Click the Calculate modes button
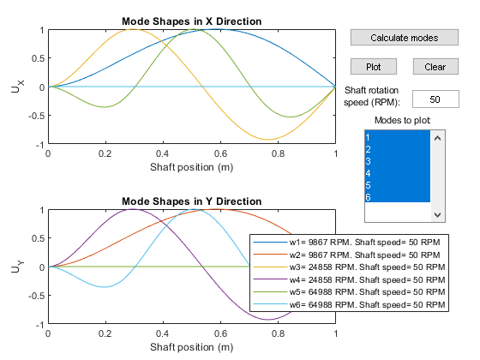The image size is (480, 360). click(x=404, y=38)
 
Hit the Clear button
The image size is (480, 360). click(x=435, y=67)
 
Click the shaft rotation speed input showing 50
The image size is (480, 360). click(x=435, y=99)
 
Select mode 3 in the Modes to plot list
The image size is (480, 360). click(x=397, y=161)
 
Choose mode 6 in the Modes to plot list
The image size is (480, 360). click(x=397, y=197)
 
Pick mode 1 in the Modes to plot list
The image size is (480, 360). click(x=397, y=137)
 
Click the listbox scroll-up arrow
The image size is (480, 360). click(x=437, y=138)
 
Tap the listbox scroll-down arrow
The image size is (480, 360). click(x=437, y=215)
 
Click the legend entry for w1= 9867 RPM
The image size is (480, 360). click(x=346, y=242)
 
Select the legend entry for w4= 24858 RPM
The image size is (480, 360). click(x=349, y=279)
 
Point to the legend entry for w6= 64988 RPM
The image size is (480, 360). click(x=349, y=304)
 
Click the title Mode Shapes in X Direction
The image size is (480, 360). click(x=192, y=21)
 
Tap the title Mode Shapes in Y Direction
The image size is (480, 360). click(x=192, y=201)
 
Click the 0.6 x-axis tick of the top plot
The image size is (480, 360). click(x=220, y=153)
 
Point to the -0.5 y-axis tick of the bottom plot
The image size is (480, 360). click(x=36, y=296)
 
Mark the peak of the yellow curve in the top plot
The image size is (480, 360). click(x=132, y=29)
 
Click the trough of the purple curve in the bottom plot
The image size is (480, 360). click(x=268, y=320)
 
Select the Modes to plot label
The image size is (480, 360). click(x=403, y=120)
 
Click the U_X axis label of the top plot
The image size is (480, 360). click(x=17, y=87)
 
